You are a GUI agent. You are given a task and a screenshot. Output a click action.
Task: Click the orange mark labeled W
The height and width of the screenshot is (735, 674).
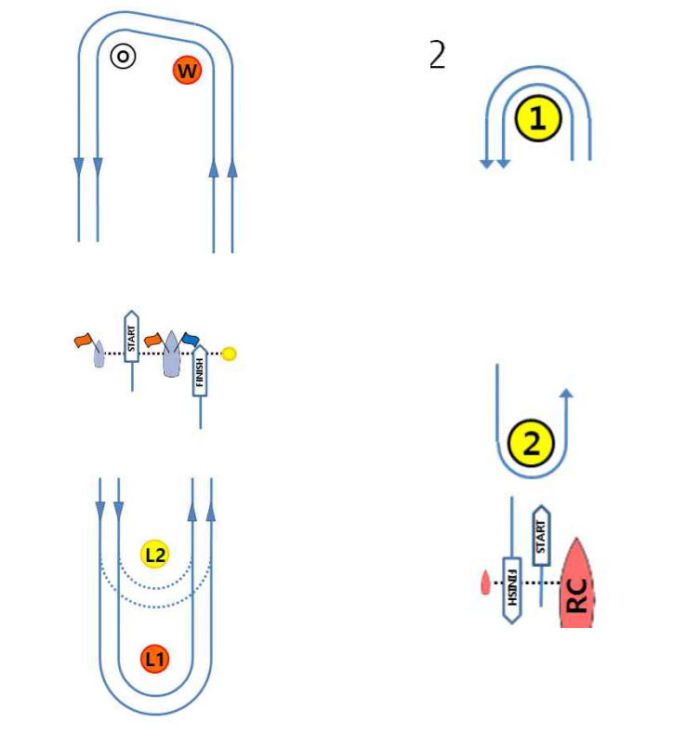[x=187, y=70]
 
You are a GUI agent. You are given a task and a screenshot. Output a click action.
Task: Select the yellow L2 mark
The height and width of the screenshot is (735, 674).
[x=154, y=555]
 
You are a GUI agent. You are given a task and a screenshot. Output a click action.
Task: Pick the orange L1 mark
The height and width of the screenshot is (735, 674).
[x=154, y=660]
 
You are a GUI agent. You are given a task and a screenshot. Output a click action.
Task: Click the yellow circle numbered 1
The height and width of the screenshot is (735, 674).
[x=539, y=119]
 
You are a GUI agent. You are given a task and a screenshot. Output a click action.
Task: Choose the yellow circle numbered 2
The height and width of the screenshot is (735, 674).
[x=532, y=444]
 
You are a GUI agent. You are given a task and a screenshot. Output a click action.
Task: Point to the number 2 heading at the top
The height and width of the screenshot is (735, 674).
[x=437, y=56]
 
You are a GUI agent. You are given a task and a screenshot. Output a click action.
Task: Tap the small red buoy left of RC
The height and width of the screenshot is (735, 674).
[x=484, y=583]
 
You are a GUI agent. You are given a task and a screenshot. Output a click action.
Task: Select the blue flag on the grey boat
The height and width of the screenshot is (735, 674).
[x=191, y=339]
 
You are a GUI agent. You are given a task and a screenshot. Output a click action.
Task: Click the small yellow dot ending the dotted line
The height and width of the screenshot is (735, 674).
[x=230, y=354]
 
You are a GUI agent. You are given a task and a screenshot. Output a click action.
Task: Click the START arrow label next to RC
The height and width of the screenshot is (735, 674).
[x=541, y=534]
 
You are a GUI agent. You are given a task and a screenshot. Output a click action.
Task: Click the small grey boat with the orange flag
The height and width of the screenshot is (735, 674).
[x=99, y=355]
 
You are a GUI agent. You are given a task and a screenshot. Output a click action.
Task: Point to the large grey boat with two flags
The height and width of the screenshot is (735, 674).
[x=171, y=358]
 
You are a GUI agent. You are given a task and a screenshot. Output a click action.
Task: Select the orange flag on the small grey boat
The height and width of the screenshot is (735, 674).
[x=85, y=341]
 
